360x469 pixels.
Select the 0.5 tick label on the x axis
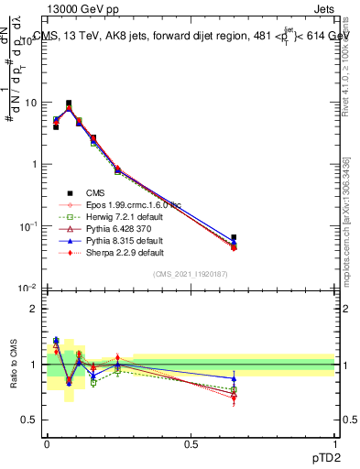click(191, 443)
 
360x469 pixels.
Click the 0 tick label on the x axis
click(47, 443)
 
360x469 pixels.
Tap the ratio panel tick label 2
click(33, 309)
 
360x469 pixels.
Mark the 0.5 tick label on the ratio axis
click(29, 420)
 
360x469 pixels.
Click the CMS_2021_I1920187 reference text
click(191, 273)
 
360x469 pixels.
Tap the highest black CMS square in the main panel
click(69, 104)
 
